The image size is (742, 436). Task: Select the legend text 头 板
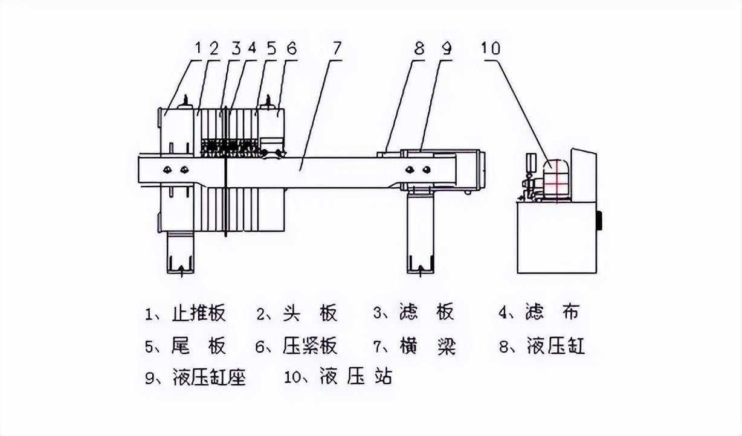tap(309, 313)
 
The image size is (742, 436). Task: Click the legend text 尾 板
tap(199, 346)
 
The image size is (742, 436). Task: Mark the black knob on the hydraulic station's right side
tap(599, 220)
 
